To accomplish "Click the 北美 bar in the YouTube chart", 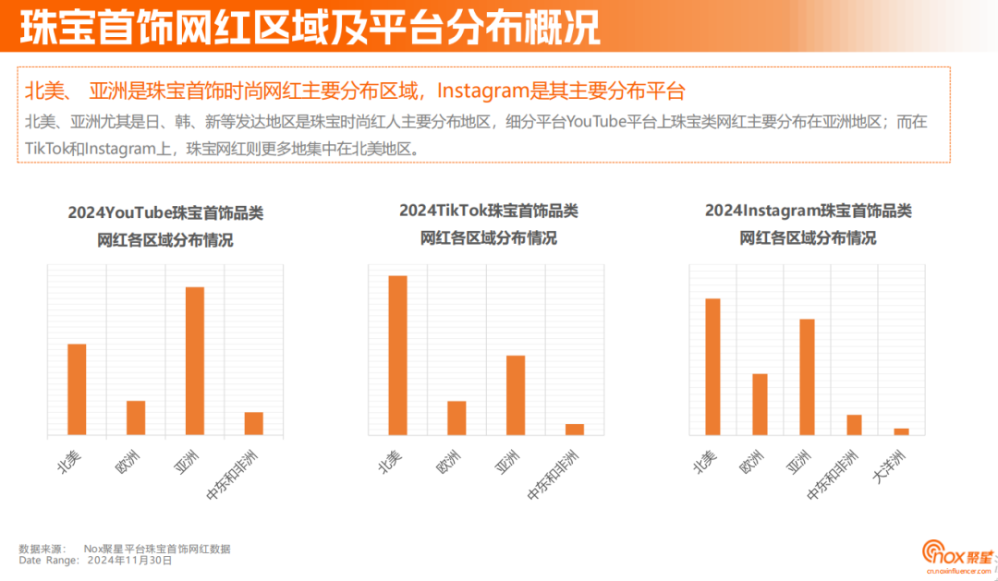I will (77, 389).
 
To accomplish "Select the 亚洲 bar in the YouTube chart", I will (195, 360).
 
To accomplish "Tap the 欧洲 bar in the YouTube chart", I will (136, 418).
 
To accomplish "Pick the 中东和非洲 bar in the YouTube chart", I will (254, 423).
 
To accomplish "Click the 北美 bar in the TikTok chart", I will (397, 355).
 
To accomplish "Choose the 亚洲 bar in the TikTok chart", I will (516, 394).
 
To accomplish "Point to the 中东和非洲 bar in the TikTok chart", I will (575, 429).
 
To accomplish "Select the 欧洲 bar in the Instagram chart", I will (760, 404).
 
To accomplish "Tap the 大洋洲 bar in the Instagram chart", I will (901, 431).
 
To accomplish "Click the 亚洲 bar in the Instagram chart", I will (807, 377).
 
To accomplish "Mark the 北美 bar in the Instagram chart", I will (712, 366).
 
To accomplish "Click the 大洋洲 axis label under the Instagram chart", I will (891, 466).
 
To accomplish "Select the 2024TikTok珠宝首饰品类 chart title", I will (489, 211).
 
